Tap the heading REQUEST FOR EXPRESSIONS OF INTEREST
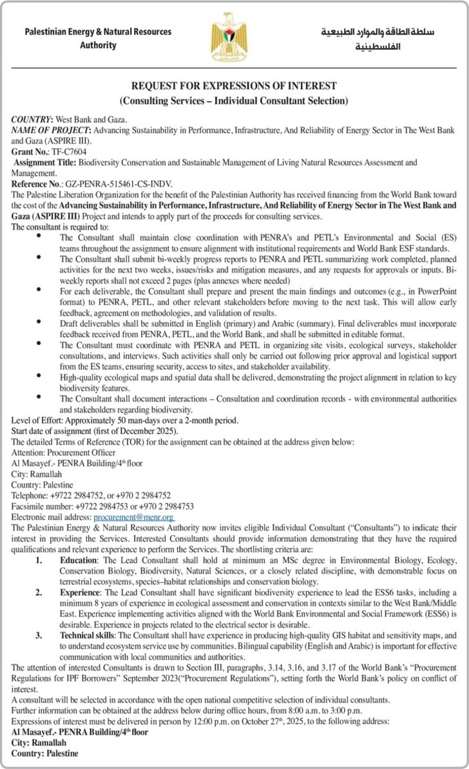click(x=235, y=86)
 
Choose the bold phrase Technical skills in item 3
click(x=84, y=635)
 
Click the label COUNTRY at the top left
click(x=32, y=120)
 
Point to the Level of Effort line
click(x=125, y=421)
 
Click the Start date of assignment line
click(x=95, y=431)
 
